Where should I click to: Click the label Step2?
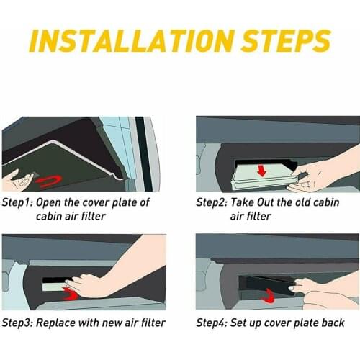click(x=212, y=203)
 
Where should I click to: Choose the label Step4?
click(x=212, y=323)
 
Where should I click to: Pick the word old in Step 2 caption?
click(x=312, y=203)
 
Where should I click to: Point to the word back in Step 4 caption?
click(x=333, y=323)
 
